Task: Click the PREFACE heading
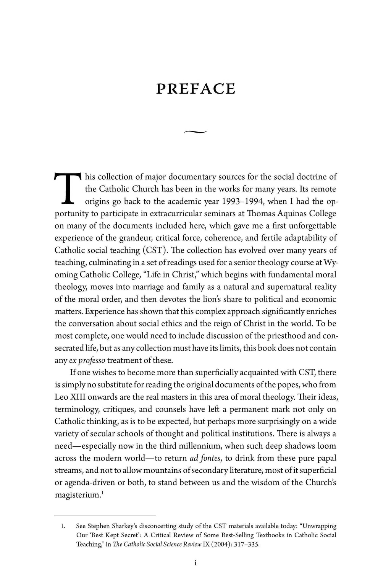tap(195, 89)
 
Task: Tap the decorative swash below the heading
tap(195, 132)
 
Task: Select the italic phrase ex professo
tap(87, 360)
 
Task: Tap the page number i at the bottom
tap(195, 563)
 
